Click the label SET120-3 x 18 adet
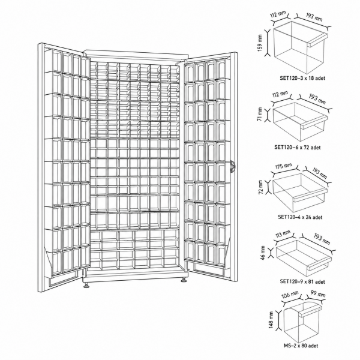pyautogui.click(x=302, y=78)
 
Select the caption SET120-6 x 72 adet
pyautogui.click(x=298, y=147)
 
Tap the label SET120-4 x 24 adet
pyautogui.click(x=300, y=217)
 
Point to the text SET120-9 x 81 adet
pyautogui.click(x=302, y=281)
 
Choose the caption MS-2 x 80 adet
pyautogui.click(x=301, y=346)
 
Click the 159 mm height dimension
pyautogui.click(x=260, y=43)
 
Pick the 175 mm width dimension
pyautogui.click(x=283, y=166)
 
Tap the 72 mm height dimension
pyautogui.click(x=260, y=187)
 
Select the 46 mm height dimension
pyautogui.click(x=263, y=253)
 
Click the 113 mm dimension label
pyautogui.click(x=283, y=234)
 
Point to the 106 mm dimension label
pyautogui.click(x=290, y=295)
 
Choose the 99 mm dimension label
pyautogui.click(x=318, y=294)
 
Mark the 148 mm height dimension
pyautogui.click(x=271, y=320)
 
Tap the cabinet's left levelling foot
pyautogui.click(x=86, y=285)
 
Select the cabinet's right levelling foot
pyautogui.click(x=184, y=280)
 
